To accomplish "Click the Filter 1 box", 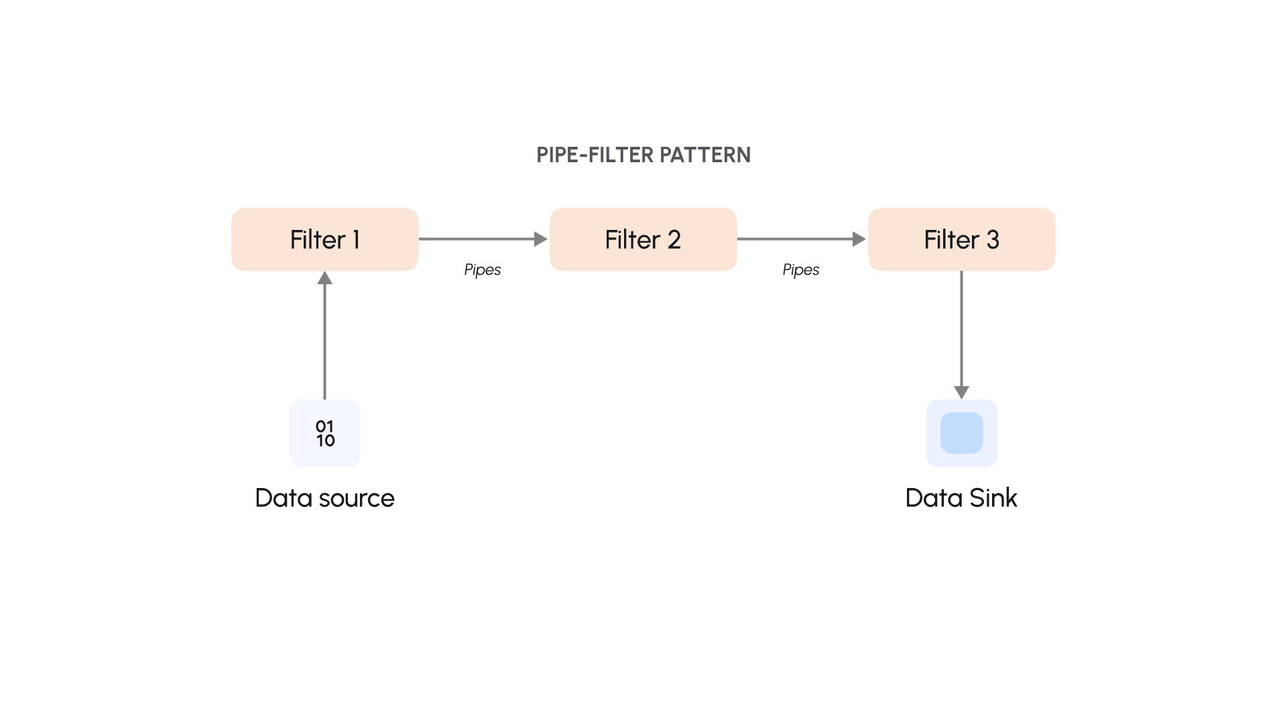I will point(325,239).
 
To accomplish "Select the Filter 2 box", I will point(643,239).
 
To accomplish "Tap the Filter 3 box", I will point(961,239).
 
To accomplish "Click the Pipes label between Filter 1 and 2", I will point(483,269).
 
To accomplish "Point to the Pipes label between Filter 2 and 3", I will point(801,269).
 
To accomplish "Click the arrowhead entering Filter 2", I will point(540,239).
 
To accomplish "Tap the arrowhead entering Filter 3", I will point(859,239).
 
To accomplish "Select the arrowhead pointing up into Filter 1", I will point(325,278).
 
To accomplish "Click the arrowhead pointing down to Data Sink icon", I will point(961,392).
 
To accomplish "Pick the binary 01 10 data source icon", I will point(325,433).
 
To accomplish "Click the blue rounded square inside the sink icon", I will point(961,433).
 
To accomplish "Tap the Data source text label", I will point(325,498).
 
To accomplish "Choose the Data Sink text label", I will point(961,498).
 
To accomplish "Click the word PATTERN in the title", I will point(705,155).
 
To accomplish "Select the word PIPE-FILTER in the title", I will point(595,155).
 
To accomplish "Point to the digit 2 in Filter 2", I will point(674,240).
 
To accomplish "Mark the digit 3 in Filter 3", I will point(993,240).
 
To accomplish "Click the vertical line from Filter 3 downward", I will point(961,328).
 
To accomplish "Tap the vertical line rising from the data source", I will point(325,342).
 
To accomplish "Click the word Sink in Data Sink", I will point(993,498).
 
